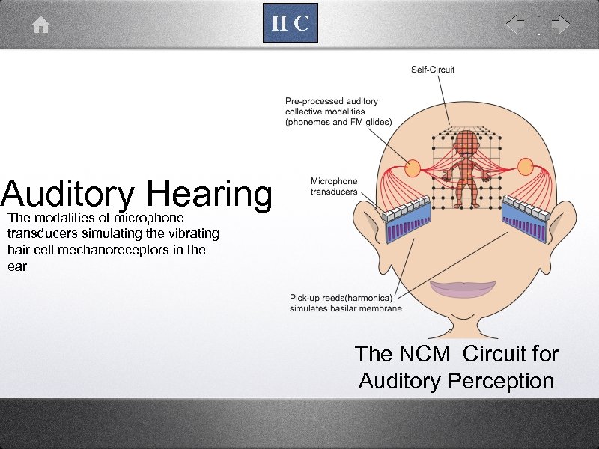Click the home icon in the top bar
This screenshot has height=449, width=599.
(40, 25)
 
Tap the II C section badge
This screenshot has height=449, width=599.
(290, 24)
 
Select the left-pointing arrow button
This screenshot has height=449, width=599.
(515, 25)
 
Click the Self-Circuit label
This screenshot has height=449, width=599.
(433, 70)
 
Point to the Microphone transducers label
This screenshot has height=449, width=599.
(334, 186)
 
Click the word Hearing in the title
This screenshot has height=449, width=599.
(210, 194)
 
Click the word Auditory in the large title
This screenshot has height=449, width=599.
(67, 194)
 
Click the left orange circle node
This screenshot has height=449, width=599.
(413, 168)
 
